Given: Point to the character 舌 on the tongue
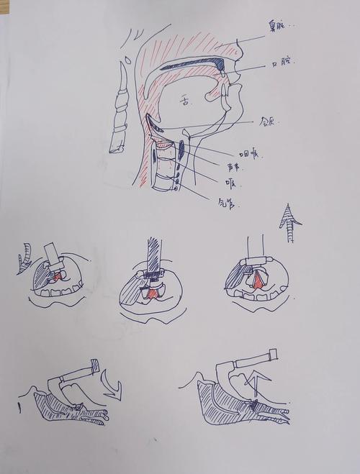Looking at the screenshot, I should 186,102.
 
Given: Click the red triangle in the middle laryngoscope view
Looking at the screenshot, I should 153,294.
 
